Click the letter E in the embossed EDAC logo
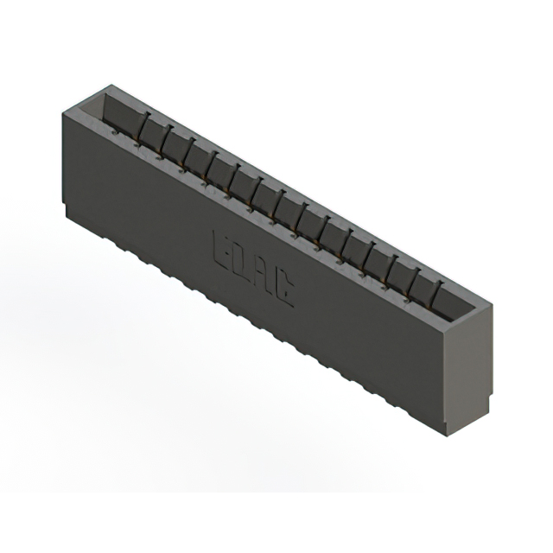tap(219, 249)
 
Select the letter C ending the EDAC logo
tap(283, 293)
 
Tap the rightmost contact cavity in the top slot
tap(449, 303)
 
